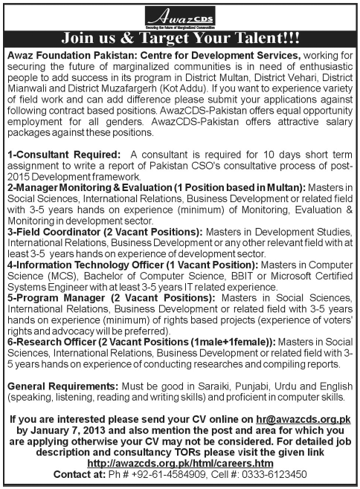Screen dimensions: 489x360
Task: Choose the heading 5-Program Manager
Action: [53, 297]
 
